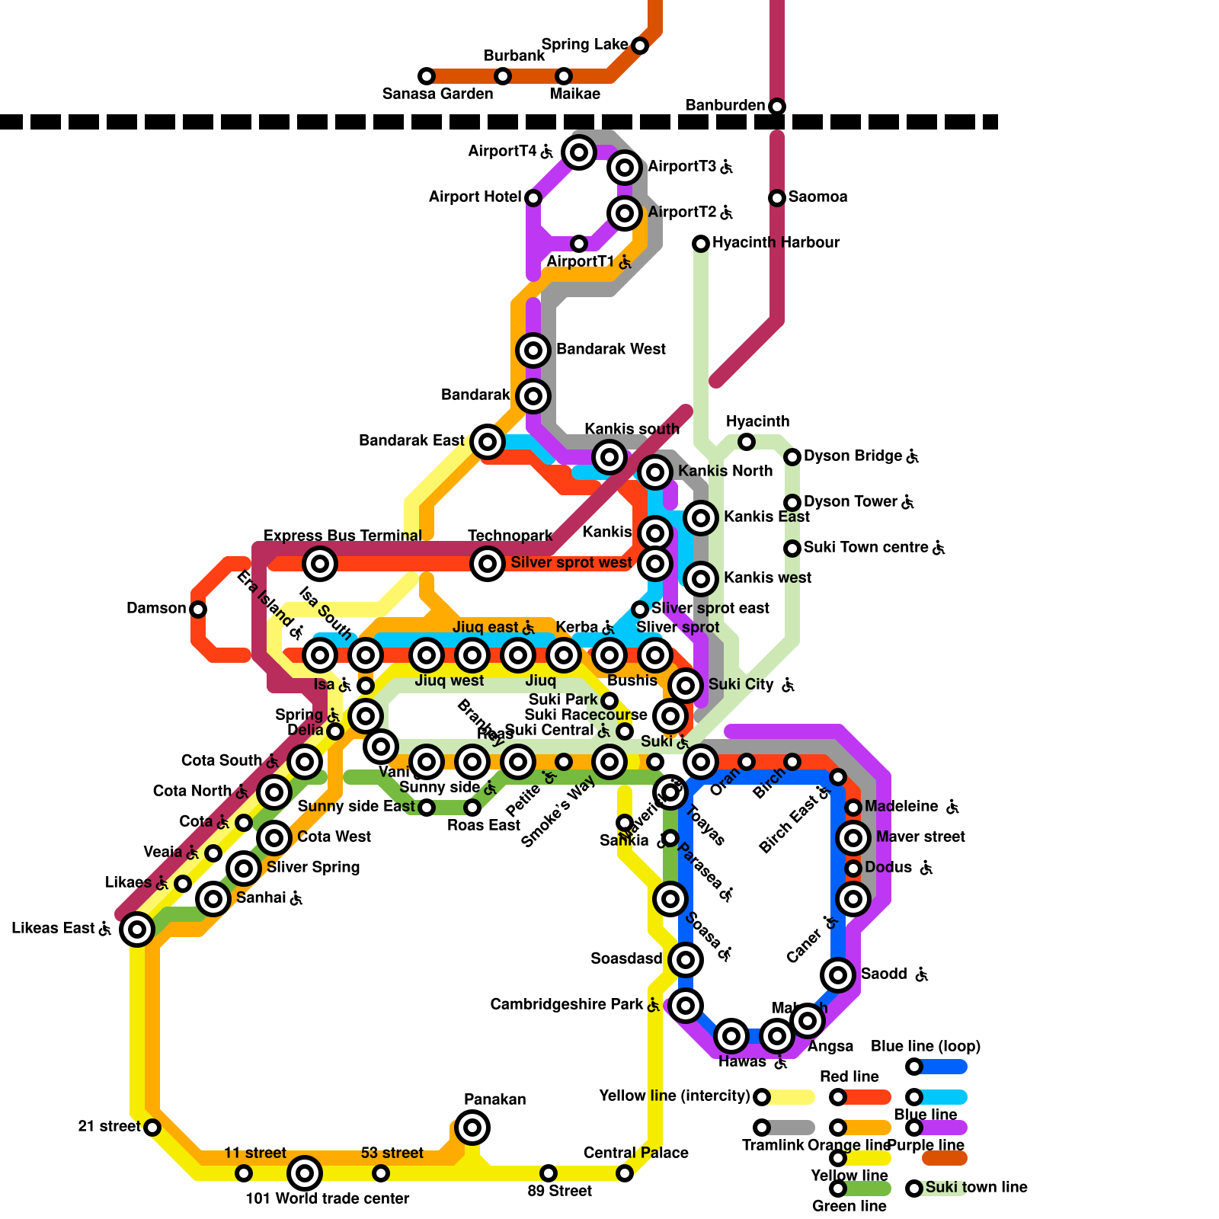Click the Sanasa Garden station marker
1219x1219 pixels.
coord(427,76)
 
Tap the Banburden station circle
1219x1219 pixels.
coord(776,107)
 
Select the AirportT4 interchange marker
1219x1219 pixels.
coord(579,152)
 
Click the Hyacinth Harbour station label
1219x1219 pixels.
coord(776,242)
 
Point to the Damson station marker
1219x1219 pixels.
coord(198,609)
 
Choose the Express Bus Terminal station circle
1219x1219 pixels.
coord(320,564)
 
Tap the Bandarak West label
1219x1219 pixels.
coord(610,349)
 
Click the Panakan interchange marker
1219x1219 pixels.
coord(472,1128)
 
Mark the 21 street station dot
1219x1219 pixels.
coord(152,1128)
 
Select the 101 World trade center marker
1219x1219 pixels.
coord(305,1173)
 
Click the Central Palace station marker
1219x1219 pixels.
coord(625,1173)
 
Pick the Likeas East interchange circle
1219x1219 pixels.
coord(137,929)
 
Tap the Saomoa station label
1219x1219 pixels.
coord(817,197)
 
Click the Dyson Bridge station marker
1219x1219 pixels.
coord(792,457)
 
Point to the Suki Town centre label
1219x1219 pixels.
coord(865,547)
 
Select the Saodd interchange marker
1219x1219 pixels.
coord(838,975)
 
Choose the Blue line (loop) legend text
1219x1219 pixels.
coord(925,1046)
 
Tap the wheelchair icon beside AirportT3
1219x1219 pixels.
coord(727,166)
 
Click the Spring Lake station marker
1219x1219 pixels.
coord(640,46)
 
